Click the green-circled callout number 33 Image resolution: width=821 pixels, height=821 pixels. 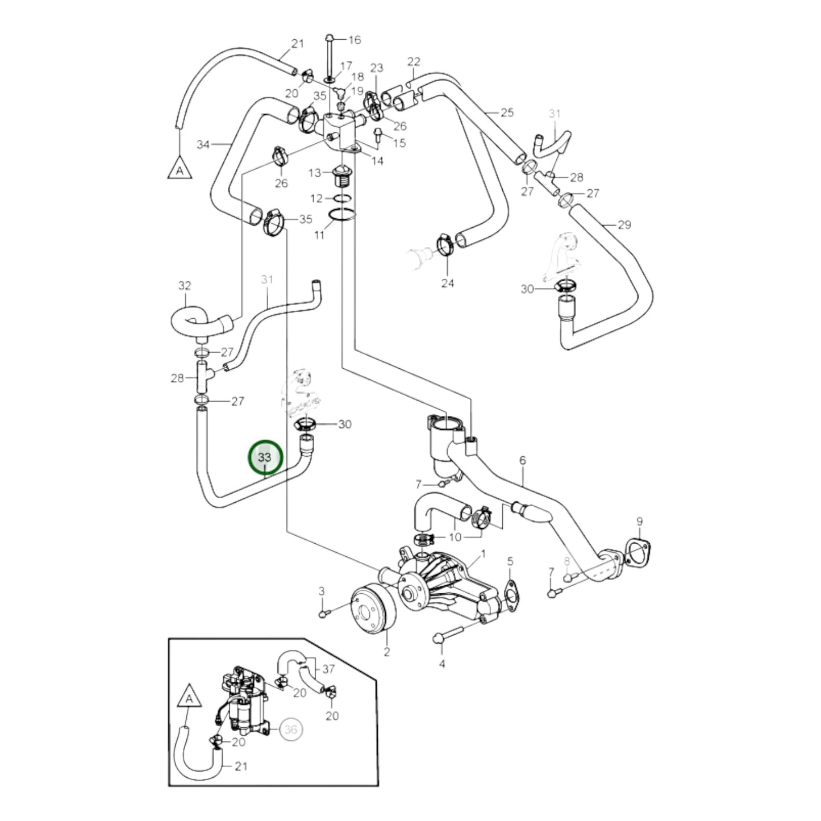coord(265,457)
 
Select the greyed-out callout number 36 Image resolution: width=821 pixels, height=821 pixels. coord(291,729)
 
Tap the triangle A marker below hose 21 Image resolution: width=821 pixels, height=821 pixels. coord(180,168)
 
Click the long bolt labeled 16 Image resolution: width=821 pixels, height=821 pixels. coord(330,57)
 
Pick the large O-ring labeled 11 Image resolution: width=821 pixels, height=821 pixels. coord(342,216)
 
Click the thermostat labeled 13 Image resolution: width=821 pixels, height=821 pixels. coord(343,176)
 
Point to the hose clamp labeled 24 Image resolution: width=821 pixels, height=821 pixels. coord(446,244)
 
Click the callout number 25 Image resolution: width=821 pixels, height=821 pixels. coord(507,112)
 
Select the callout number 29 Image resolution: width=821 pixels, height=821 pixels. coord(624,225)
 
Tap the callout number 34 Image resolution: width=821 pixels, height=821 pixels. coord(203,144)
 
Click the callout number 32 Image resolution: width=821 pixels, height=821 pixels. coord(185,286)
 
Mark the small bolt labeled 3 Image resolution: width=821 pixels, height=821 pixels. coord(324,614)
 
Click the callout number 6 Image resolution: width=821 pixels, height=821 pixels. coord(523,461)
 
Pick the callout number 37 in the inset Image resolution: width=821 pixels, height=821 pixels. coord(328,669)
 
